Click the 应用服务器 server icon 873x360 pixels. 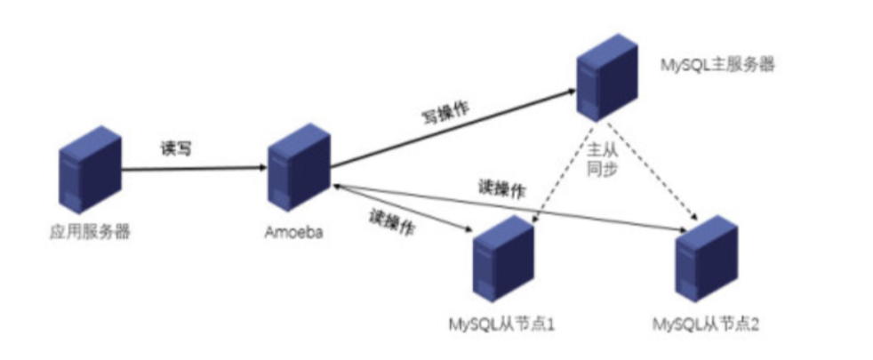[89, 174]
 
